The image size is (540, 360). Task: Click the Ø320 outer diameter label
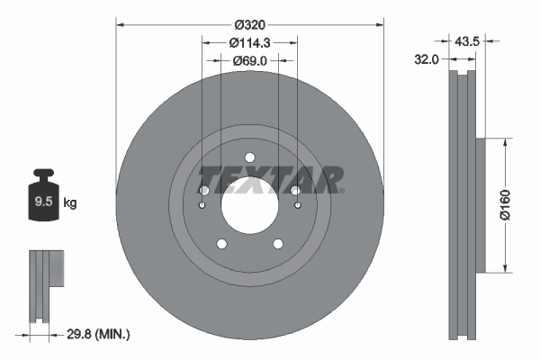[249, 24]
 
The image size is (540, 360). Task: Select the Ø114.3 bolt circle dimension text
[249, 42]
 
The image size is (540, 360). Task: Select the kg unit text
[70, 203]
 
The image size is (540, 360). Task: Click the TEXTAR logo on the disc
[270, 177]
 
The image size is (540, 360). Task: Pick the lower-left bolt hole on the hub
[221, 243]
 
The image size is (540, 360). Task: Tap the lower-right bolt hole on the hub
[277, 243]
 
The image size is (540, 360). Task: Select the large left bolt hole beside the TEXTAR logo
[203, 191]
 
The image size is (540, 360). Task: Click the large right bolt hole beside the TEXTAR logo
[295, 191]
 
